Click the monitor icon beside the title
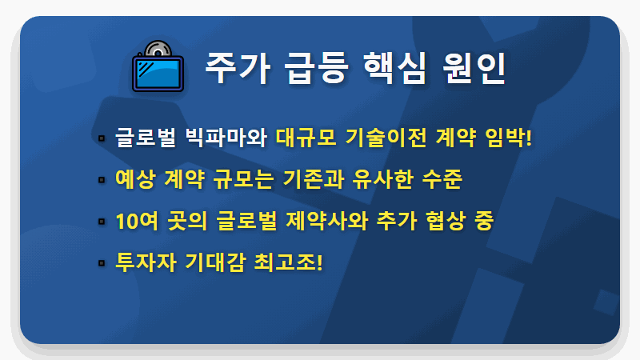tap(158, 68)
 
